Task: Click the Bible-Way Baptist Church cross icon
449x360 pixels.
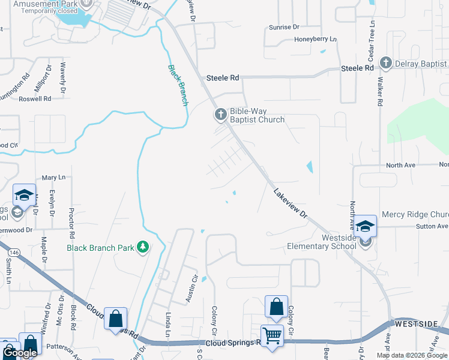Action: (x=220, y=114)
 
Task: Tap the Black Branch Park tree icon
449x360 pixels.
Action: (x=143, y=247)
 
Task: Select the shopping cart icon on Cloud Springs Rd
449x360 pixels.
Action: (x=272, y=335)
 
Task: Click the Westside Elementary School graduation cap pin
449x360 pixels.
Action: (x=365, y=226)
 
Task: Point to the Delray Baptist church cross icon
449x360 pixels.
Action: (x=385, y=63)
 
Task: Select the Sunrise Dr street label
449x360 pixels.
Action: (x=284, y=28)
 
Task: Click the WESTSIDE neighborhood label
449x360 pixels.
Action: (x=416, y=324)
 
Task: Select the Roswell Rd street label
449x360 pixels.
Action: (x=35, y=98)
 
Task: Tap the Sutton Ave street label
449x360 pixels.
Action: (x=432, y=226)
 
